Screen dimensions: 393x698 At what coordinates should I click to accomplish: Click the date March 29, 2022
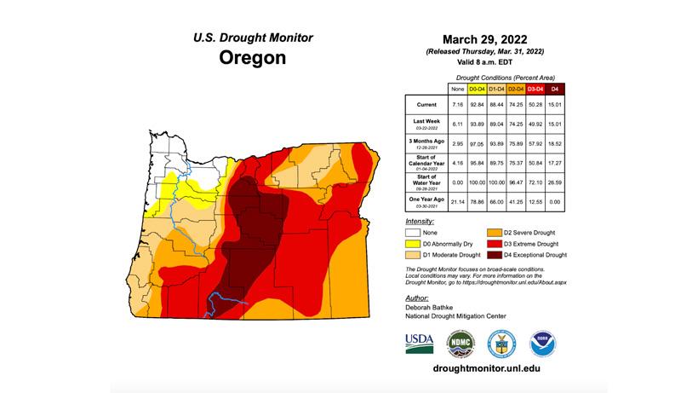coord(485,39)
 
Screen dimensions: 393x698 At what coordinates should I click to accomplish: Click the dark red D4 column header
coord(555,89)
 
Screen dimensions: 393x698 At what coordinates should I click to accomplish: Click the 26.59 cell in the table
coord(555,180)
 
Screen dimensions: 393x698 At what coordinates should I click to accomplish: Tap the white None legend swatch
coord(415,231)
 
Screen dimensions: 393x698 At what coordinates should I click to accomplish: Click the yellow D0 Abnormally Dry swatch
coord(415,243)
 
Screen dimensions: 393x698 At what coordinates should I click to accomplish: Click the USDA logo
coord(419,344)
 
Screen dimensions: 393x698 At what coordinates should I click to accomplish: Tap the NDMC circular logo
coord(461,344)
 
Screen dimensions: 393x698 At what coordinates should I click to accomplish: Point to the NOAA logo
coord(543,344)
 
